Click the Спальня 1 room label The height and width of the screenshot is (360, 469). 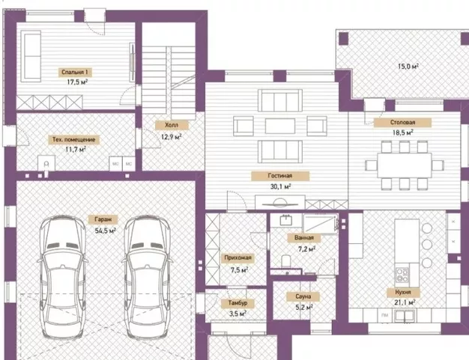75,72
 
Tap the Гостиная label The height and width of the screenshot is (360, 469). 280,176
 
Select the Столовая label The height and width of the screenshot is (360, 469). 402,122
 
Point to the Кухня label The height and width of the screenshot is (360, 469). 403,292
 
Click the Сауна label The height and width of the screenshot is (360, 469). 303,296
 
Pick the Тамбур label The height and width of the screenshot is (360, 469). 237,303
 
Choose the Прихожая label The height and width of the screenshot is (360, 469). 238,257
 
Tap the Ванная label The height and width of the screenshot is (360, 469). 304,237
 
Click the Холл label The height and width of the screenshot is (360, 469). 172,125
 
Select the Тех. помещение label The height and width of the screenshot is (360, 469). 74,139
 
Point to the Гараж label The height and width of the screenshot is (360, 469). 103,219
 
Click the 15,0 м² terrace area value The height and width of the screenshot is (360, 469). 408,66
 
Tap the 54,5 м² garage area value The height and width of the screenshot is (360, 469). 106,231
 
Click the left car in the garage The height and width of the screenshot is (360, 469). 62,277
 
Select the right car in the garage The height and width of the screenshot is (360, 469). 147,277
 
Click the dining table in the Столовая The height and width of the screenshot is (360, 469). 405,165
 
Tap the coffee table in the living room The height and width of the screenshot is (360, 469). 280,126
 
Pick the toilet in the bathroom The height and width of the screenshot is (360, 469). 286,260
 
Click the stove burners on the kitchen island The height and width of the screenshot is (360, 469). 402,275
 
